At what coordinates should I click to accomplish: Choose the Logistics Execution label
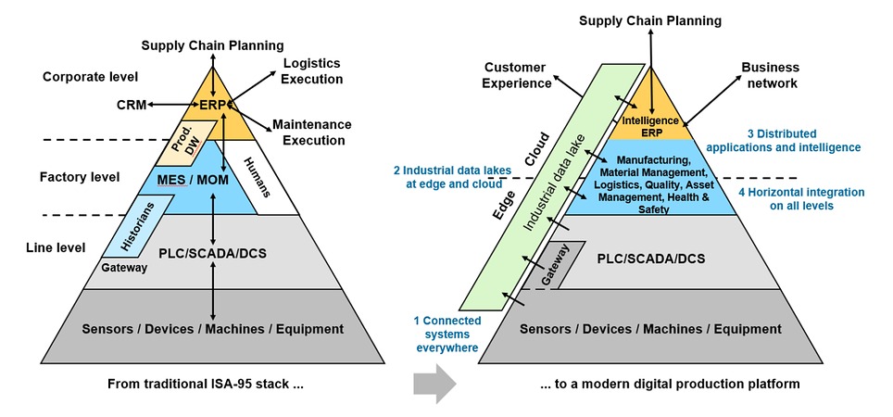[x=311, y=71]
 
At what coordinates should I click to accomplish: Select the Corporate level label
[x=90, y=76]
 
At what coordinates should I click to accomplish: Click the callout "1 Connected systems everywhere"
[x=447, y=334]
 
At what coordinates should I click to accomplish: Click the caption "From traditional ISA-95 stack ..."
[x=206, y=383]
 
